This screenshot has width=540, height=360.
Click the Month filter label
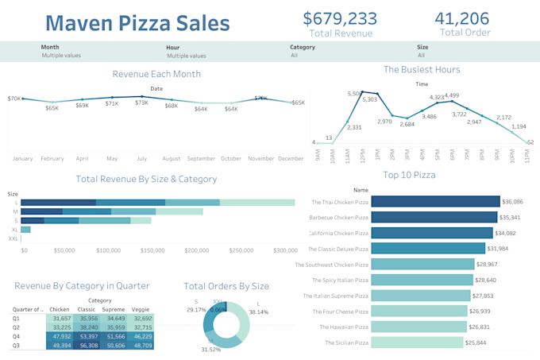50,47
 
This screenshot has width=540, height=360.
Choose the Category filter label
303,47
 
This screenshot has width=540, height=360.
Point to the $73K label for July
141,103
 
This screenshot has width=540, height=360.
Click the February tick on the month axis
52,158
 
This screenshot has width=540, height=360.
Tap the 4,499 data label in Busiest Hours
451,95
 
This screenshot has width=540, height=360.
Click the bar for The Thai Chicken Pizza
435,202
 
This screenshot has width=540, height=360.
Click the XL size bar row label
13,229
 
